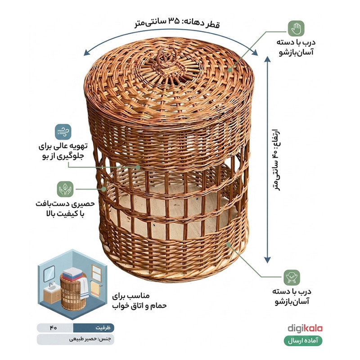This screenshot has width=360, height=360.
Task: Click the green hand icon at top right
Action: coord(296,28)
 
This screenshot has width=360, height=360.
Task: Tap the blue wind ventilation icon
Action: coord(63,132)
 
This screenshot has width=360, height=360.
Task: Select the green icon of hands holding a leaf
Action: coord(65,189)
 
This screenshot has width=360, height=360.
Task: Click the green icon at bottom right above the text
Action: coord(292,278)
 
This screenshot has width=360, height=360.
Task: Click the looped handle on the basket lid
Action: coord(167,58)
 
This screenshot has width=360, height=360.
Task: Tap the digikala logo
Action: coord(305,328)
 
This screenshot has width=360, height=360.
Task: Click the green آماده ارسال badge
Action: coord(303,341)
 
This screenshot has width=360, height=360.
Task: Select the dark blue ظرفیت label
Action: coord(94,328)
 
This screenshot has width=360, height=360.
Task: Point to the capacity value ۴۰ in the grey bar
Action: coord(53,328)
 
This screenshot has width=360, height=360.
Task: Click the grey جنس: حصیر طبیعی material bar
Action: coord(75,339)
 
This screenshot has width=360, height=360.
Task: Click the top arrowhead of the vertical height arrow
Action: coord(267,59)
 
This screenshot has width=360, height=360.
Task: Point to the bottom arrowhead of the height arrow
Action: coord(267,260)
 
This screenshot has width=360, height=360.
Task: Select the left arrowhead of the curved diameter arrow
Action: coord(87,53)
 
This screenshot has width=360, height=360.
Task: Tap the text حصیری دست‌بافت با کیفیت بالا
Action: coord(65,209)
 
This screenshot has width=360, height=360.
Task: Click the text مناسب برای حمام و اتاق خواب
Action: coord(139,301)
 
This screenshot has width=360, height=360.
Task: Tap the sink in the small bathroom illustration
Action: coord(52,287)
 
